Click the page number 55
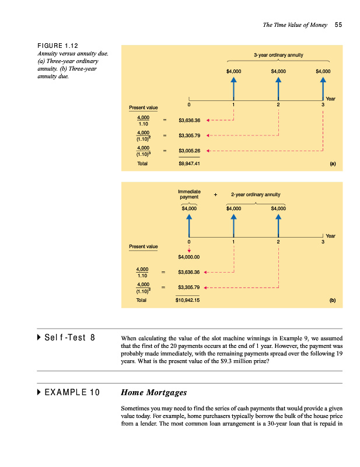(338, 25)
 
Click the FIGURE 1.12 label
(58, 46)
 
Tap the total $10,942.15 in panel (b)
(189, 301)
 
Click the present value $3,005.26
(189, 151)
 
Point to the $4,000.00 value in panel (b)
(189, 256)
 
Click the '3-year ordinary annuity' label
(278, 55)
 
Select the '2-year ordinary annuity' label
(256, 194)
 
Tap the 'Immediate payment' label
(189, 194)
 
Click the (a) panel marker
(332, 164)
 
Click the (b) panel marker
(332, 301)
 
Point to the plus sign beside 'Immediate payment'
(216, 194)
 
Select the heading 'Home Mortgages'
(153, 392)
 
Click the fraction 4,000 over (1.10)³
(142, 151)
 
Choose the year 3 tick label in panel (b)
(323, 241)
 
